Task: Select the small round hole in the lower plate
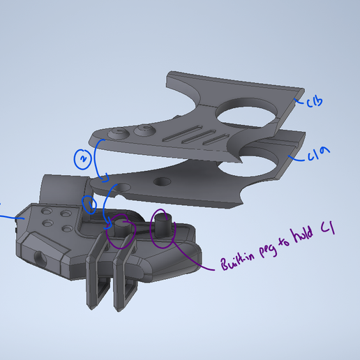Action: pyautogui.click(x=162, y=182)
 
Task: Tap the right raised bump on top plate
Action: pyautogui.click(x=144, y=129)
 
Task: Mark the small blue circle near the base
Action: pyautogui.click(x=89, y=204)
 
